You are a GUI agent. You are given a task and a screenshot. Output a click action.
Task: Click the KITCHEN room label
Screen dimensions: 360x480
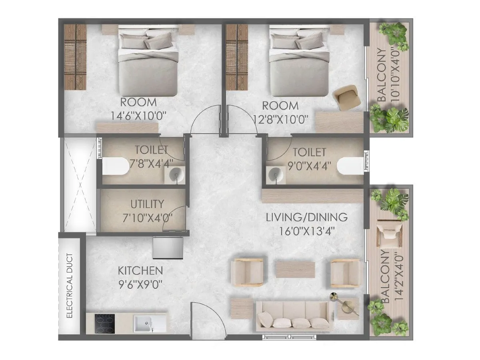[140, 271]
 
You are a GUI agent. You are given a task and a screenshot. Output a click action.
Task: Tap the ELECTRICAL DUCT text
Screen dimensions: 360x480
[70, 286]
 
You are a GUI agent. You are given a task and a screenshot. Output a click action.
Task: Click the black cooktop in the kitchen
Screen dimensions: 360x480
[104, 324]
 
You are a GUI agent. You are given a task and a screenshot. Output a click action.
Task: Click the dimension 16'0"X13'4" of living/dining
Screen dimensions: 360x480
[307, 231]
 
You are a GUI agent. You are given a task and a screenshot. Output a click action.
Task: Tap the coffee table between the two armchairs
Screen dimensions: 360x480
[295, 270]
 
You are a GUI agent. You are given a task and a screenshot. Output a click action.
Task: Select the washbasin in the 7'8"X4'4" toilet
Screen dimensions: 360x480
[176, 175]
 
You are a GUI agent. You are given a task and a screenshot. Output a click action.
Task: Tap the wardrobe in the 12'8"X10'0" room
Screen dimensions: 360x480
[237, 57]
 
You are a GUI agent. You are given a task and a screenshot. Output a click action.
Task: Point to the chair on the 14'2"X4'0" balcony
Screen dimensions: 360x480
[389, 234]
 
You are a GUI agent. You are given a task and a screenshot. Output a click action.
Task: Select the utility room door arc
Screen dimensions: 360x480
[174, 219]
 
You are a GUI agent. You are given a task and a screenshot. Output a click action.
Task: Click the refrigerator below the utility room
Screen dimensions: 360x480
[168, 248]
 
